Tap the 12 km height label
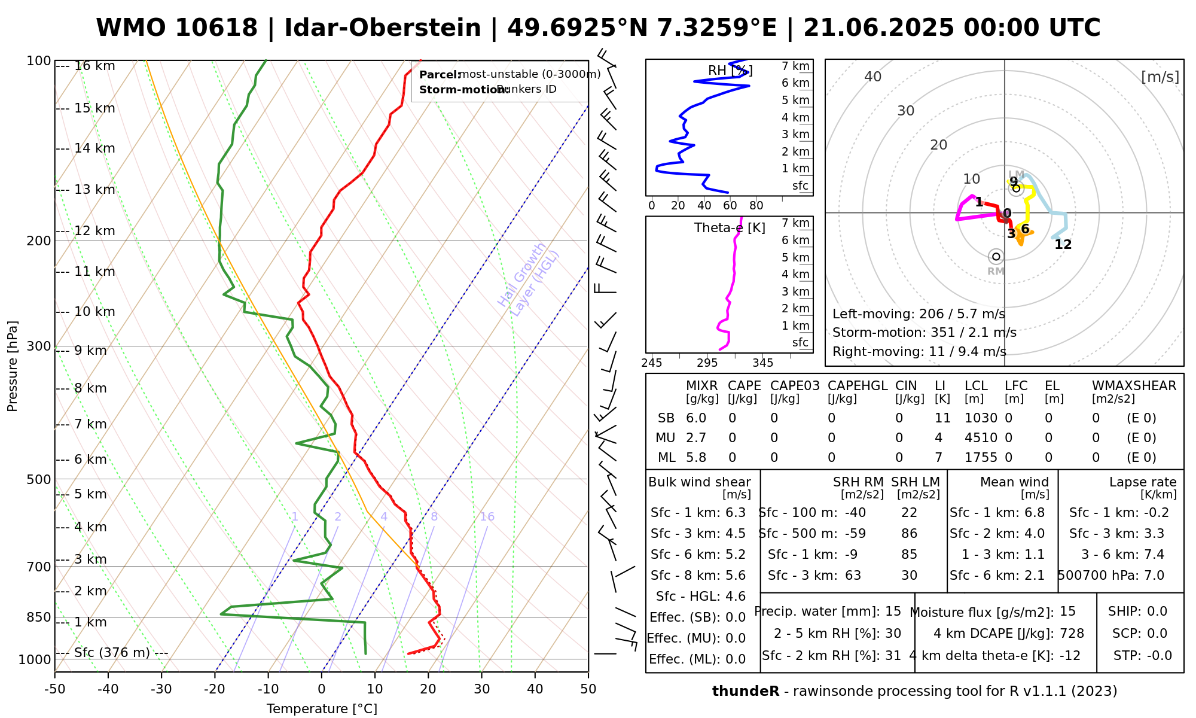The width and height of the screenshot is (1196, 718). coord(94,231)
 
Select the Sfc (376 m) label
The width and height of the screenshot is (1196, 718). coord(112,652)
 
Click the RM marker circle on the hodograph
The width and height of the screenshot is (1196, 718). coord(996,257)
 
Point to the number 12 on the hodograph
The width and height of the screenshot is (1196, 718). coord(1063,245)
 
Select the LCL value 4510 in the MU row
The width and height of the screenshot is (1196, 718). coord(981,438)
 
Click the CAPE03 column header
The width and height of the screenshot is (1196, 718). coord(791,386)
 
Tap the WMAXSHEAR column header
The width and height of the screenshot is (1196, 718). coord(1134,386)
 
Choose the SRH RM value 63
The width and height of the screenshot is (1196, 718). coord(853,576)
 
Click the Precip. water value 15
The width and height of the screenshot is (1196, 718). coord(893,611)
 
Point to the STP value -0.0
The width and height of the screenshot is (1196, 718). coord(1159,656)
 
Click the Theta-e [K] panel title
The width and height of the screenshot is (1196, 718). coord(730,228)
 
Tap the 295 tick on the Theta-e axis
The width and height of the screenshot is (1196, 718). coord(707,363)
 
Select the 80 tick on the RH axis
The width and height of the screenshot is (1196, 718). coord(756,206)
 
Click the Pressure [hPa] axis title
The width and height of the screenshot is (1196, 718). coord(13,366)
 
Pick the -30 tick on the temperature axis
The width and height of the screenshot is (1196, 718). coord(161,689)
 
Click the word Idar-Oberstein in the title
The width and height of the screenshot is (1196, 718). coord(383,28)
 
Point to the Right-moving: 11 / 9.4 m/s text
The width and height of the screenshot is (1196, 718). coord(919,352)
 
